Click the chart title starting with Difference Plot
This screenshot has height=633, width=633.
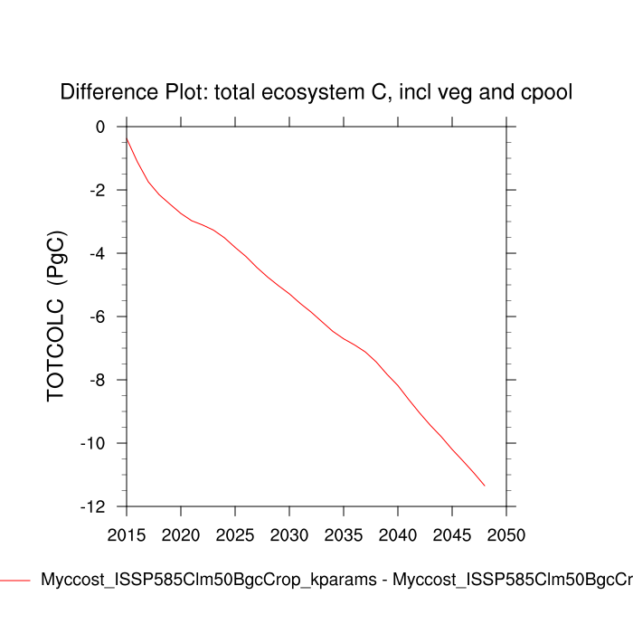click(x=316, y=92)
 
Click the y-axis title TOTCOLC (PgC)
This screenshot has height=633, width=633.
click(x=57, y=316)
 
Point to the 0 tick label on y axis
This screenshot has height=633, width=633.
click(x=100, y=127)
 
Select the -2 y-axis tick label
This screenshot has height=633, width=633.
click(x=98, y=190)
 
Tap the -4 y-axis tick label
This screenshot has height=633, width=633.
click(x=98, y=253)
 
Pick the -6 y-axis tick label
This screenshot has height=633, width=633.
click(x=98, y=316)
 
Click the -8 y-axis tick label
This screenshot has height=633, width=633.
click(x=98, y=380)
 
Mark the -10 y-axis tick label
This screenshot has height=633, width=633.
click(x=94, y=443)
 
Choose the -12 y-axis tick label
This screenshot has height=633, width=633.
click(x=94, y=506)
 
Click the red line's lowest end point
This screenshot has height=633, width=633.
click(x=485, y=486)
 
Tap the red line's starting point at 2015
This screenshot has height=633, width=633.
click(x=127, y=137)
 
